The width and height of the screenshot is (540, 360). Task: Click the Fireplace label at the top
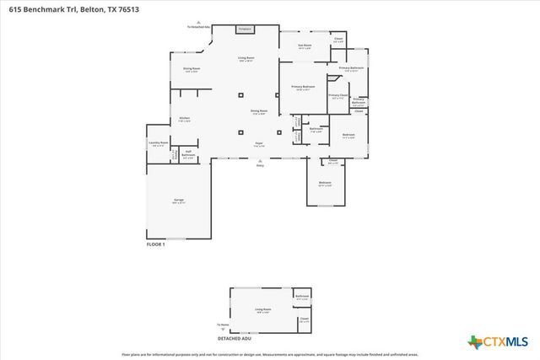click(x=246, y=29)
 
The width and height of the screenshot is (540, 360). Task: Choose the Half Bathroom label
click(x=189, y=154)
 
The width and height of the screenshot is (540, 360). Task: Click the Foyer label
click(x=260, y=145)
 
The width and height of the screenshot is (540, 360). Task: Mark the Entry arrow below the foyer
click(x=260, y=163)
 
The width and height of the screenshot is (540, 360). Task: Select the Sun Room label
click(x=305, y=46)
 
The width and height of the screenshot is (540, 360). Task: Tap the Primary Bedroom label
click(x=303, y=88)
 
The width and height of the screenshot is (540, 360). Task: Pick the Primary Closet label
click(x=337, y=96)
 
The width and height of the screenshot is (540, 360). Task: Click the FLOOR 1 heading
click(x=156, y=244)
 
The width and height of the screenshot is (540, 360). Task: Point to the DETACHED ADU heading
click(x=235, y=338)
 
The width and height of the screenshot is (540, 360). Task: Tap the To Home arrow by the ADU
click(x=223, y=325)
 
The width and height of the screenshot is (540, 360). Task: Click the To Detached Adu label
click(x=198, y=26)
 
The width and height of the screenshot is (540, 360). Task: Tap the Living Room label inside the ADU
click(x=263, y=310)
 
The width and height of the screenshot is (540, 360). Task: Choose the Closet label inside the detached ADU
click(x=304, y=319)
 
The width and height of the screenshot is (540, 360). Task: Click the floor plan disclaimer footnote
click(x=269, y=355)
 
